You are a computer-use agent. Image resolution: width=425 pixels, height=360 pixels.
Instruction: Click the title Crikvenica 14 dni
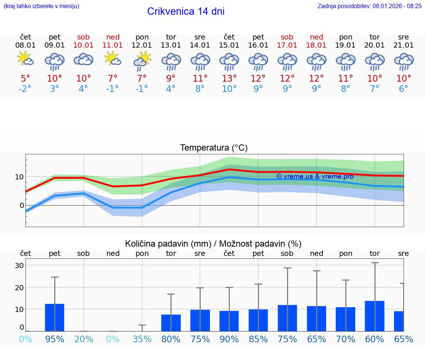click(186, 11)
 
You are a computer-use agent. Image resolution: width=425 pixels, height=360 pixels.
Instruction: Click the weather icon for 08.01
click(25, 59)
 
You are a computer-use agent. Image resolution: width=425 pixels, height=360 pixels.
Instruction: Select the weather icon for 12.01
click(142, 61)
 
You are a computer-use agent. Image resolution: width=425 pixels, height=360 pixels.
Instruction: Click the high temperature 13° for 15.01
click(229, 78)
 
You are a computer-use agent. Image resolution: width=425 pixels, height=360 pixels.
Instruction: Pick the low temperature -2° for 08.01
click(25, 89)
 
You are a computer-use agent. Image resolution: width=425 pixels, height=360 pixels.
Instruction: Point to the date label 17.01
click(287, 45)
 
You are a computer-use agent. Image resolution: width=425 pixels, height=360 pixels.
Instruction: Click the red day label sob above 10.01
click(83, 37)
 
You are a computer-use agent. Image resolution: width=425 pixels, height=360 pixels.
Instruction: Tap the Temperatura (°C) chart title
click(214, 148)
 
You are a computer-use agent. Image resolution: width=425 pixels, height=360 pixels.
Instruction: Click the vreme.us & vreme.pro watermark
click(315, 176)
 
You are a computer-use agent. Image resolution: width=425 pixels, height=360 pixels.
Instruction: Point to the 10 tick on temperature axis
click(19, 177)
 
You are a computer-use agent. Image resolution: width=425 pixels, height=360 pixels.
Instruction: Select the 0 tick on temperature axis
click(21, 206)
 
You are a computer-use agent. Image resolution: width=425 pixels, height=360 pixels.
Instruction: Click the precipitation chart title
click(213, 244)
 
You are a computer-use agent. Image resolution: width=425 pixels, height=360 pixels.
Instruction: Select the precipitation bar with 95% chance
click(55, 318)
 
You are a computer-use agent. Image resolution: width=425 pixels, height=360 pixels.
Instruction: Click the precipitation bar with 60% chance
click(374, 316)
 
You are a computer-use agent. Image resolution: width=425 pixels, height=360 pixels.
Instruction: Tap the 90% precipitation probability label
click(229, 339)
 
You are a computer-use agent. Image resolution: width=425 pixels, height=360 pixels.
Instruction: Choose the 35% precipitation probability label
click(142, 339)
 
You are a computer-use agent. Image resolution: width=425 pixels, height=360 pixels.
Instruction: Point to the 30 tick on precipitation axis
click(19, 265)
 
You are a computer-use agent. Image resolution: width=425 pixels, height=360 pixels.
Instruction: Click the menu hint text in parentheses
click(41, 6)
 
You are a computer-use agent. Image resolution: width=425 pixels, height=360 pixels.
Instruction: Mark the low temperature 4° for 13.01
click(171, 89)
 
